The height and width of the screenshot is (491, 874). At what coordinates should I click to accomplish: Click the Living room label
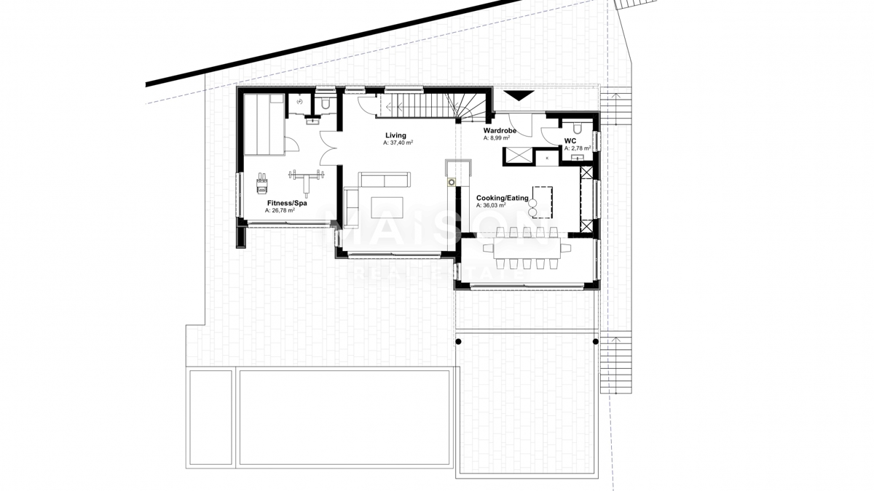(395, 135)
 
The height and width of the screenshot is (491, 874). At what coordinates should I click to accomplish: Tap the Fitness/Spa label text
(286, 203)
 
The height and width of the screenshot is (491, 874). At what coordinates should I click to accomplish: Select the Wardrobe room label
(500, 130)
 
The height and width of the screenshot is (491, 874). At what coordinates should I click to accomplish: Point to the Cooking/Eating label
(503, 198)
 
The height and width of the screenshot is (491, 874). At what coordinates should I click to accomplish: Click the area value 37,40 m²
(398, 143)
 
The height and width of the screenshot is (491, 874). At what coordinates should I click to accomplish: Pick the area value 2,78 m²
(577, 148)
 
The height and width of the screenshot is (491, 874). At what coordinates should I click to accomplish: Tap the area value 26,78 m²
(280, 211)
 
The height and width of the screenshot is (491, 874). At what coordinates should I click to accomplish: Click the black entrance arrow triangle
(519, 95)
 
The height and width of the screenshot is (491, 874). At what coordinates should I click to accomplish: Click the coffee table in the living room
(387, 207)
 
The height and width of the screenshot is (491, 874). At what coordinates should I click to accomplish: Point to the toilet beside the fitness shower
(326, 105)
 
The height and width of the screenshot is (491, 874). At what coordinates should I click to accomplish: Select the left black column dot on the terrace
(458, 341)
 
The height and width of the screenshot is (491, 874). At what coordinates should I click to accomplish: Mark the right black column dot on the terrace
(596, 341)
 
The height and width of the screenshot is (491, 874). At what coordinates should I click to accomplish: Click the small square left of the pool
(210, 418)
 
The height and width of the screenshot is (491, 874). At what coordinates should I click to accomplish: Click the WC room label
(570, 140)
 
